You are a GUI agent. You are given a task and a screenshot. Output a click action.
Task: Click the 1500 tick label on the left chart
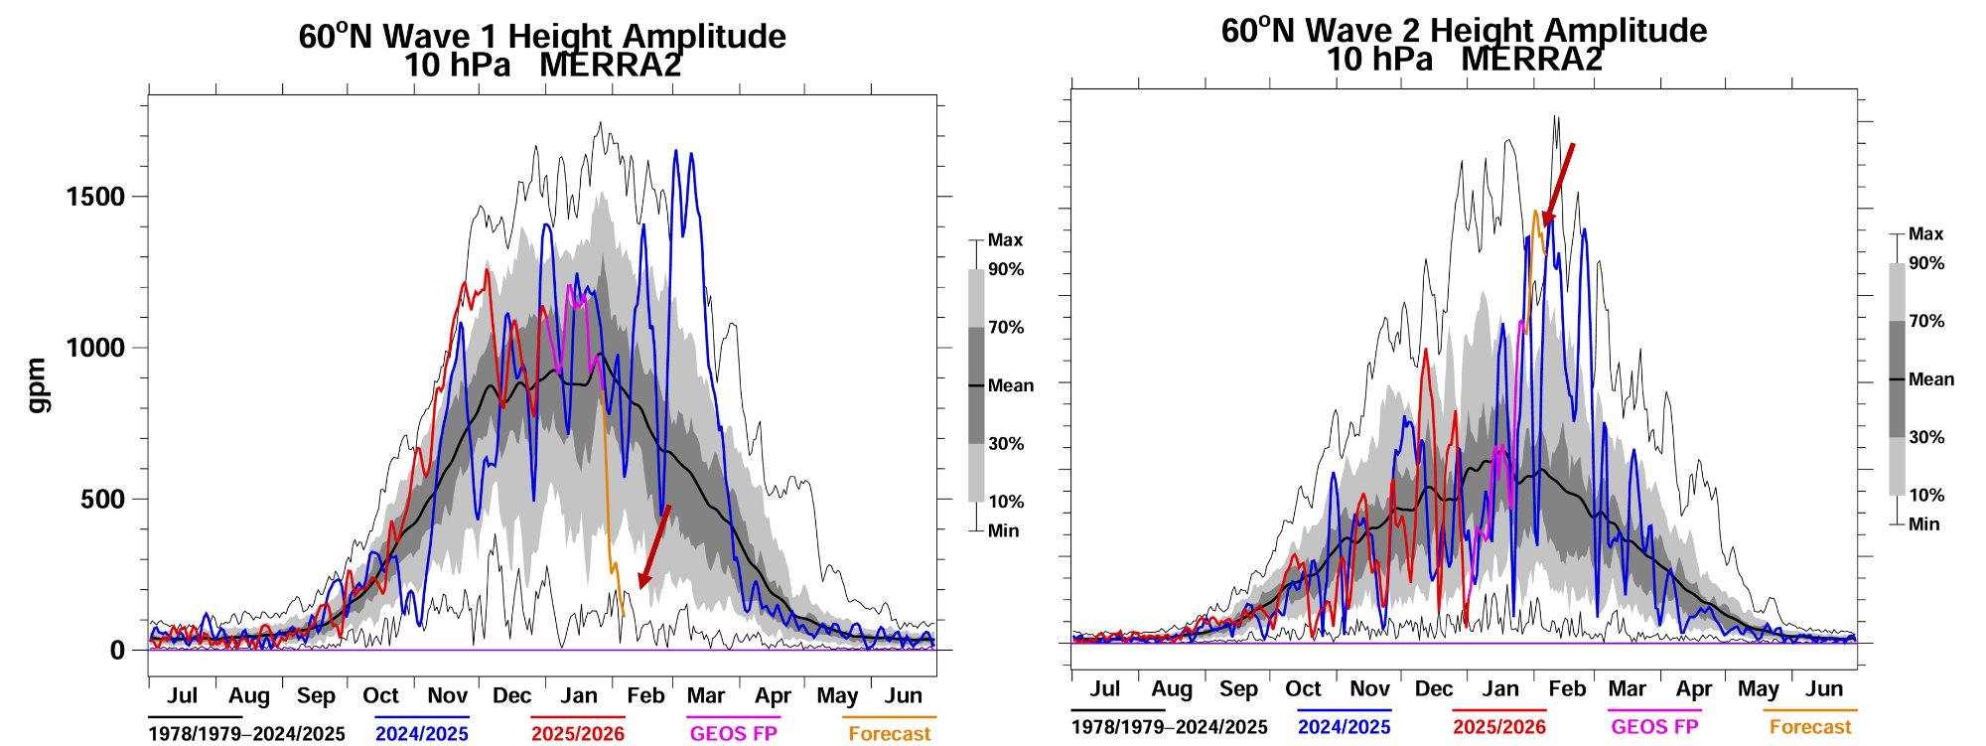coord(95,197)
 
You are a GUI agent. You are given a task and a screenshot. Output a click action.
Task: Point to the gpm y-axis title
coord(37,385)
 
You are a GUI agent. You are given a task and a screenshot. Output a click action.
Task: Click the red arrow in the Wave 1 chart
coord(653,546)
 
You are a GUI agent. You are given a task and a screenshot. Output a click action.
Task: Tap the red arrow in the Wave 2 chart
coord(1558,185)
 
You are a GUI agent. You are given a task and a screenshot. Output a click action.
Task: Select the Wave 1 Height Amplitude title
coord(542,37)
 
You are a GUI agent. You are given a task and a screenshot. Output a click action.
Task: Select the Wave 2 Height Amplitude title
coord(1464,31)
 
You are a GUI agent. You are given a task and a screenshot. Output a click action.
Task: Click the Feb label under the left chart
coord(644,695)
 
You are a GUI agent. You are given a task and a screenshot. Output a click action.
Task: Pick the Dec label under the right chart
coord(1433,689)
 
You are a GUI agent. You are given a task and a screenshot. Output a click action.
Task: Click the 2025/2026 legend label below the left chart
coord(578,734)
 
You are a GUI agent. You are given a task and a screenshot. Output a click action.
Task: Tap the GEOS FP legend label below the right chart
coord(1654,727)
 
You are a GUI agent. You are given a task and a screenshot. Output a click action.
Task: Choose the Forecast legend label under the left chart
coord(889,734)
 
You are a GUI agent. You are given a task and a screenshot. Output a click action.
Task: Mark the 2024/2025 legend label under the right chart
coord(1344,727)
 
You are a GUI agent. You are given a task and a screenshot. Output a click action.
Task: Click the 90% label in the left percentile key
coord(1006,270)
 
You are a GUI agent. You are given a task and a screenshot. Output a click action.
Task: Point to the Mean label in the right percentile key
coord(1931,379)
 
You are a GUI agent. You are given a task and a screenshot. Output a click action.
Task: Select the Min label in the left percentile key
coord(1003,531)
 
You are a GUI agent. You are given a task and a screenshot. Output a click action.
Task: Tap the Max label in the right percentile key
coord(1925,234)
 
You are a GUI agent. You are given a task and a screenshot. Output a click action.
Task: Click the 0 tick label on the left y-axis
coord(117,651)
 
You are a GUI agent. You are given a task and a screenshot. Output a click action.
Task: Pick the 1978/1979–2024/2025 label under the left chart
coord(246,734)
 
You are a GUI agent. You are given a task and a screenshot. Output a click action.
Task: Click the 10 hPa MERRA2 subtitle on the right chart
coord(1464,60)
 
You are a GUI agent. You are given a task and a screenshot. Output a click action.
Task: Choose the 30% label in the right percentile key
coord(1926,437)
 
